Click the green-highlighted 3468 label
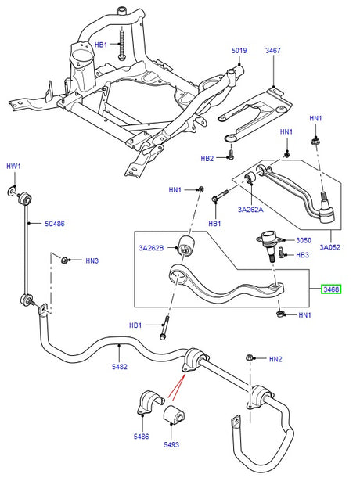(x=332, y=289)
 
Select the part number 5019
(x=239, y=51)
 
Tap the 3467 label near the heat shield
(x=272, y=51)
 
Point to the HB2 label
(x=207, y=159)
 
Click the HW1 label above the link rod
(x=13, y=167)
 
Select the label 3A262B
(x=151, y=249)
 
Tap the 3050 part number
(x=303, y=241)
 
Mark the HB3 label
(x=303, y=254)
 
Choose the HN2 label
(x=275, y=359)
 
